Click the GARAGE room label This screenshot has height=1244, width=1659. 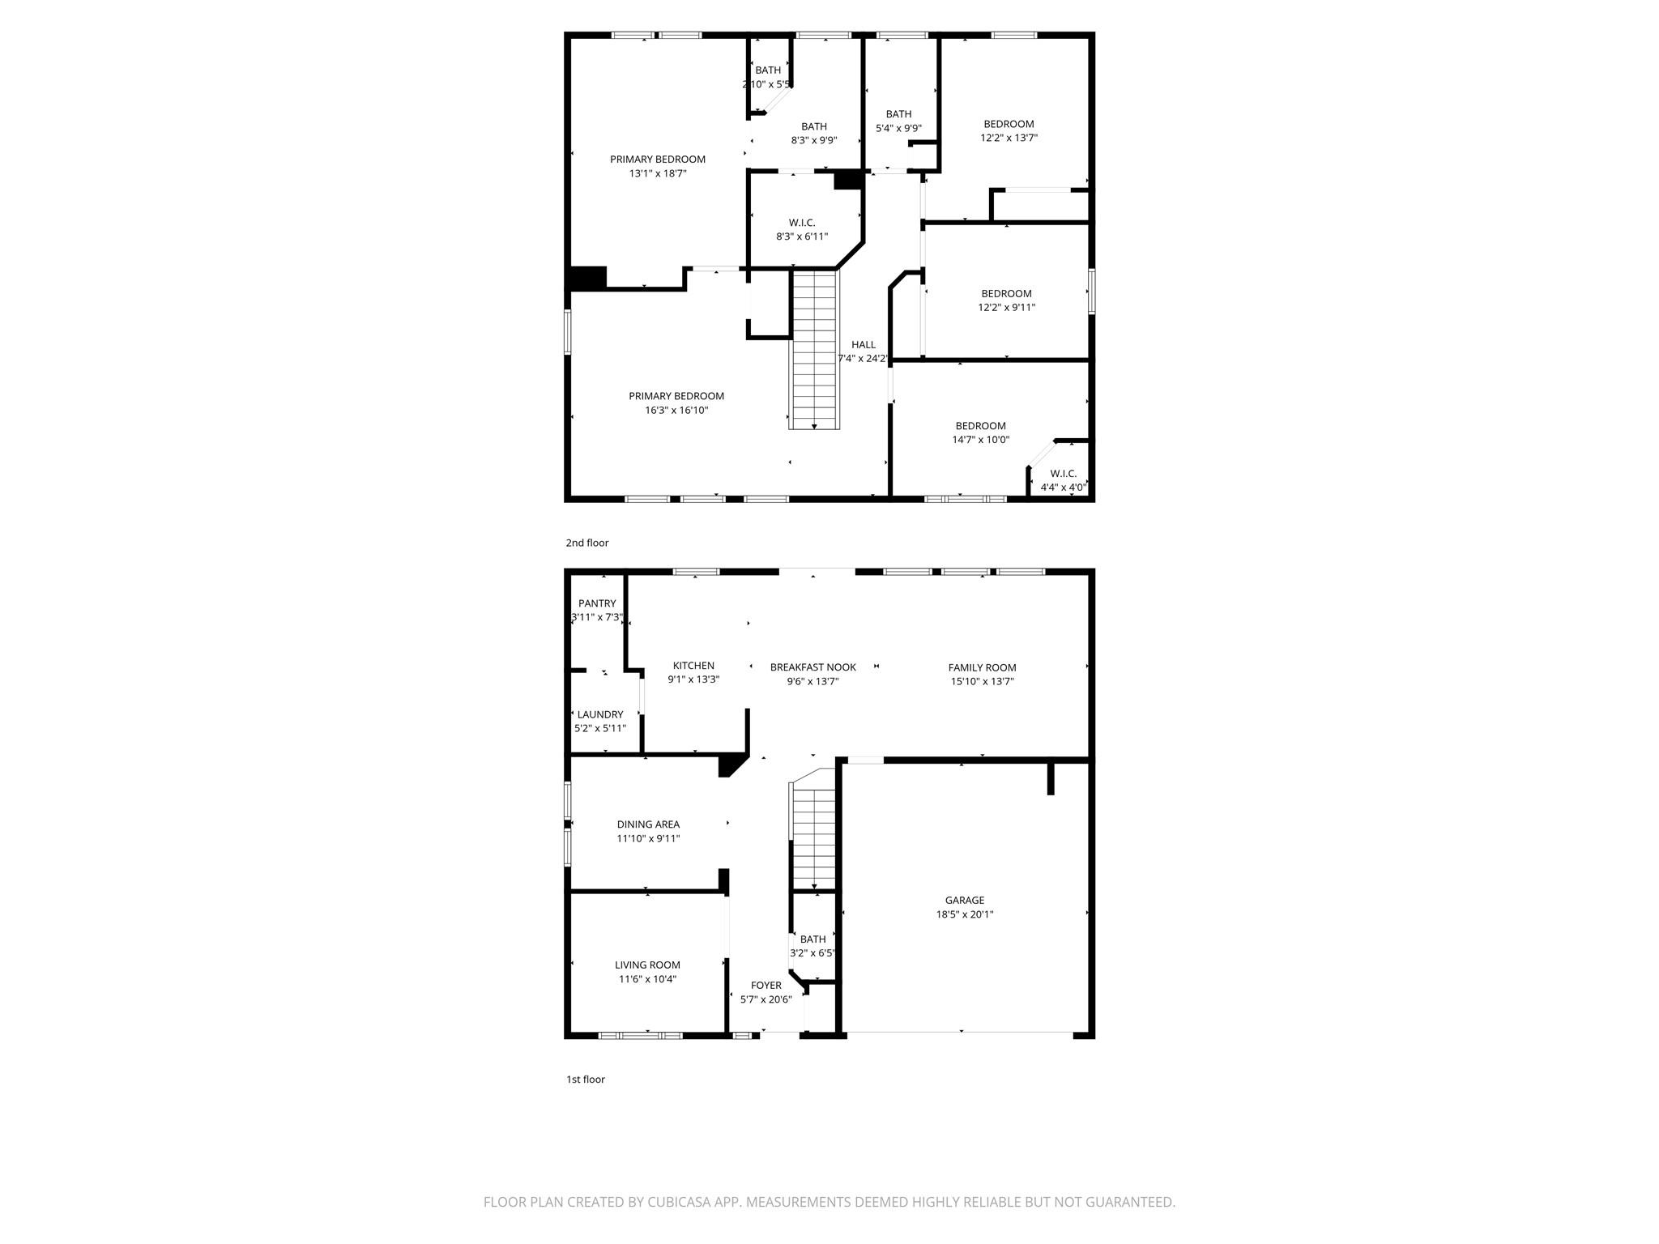click(964, 900)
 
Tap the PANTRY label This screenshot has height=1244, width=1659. click(597, 603)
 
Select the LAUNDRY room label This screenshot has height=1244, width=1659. click(600, 714)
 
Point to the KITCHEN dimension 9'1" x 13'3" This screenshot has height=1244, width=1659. click(693, 680)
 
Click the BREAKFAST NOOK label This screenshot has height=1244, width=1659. click(812, 667)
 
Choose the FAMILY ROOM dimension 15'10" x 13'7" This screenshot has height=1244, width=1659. click(982, 682)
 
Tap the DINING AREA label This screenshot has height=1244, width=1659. click(648, 824)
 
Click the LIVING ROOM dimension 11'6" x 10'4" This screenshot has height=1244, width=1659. click(647, 979)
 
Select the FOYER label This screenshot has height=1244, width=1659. click(766, 986)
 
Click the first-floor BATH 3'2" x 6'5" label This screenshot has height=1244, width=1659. click(812, 939)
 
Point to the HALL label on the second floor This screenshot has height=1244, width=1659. click(863, 345)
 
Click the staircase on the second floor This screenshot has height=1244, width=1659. click(814, 348)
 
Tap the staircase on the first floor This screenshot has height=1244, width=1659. click(813, 838)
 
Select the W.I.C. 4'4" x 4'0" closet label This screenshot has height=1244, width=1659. click(1063, 474)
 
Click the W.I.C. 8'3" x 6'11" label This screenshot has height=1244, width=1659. click(802, 223)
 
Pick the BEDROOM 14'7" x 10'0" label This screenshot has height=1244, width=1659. click(980, 426)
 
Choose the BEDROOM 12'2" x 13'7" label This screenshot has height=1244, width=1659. click(1009, 124)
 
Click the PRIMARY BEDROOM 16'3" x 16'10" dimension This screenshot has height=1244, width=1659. click(676, 411)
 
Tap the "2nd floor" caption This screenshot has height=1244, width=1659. click(586, 543)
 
